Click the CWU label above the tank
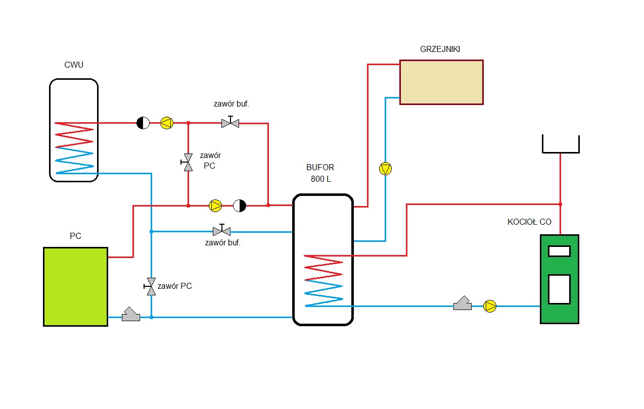coord(74,65)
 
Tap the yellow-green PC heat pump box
coord(75,286)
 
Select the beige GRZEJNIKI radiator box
coord(441,82)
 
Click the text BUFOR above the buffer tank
coord(320,168)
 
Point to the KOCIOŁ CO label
coord(529,222)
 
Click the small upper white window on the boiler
coord(559,251)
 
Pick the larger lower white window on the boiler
coord(559,289)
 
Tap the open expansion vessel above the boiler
coord(561,144)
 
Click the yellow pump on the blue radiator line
coord(386,169)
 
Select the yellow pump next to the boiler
coord(490,306)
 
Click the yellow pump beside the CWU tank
coord(167,123)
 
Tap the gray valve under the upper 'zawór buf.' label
coord(231,123)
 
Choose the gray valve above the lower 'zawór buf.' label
coord(221,231)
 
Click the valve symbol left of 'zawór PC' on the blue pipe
coord(150,286)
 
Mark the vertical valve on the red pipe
coord(188,162)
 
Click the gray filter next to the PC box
coord(131,315)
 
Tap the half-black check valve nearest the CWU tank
coord(143,123)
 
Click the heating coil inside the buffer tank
coord(324,280)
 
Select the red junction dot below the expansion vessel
coord(560,204)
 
